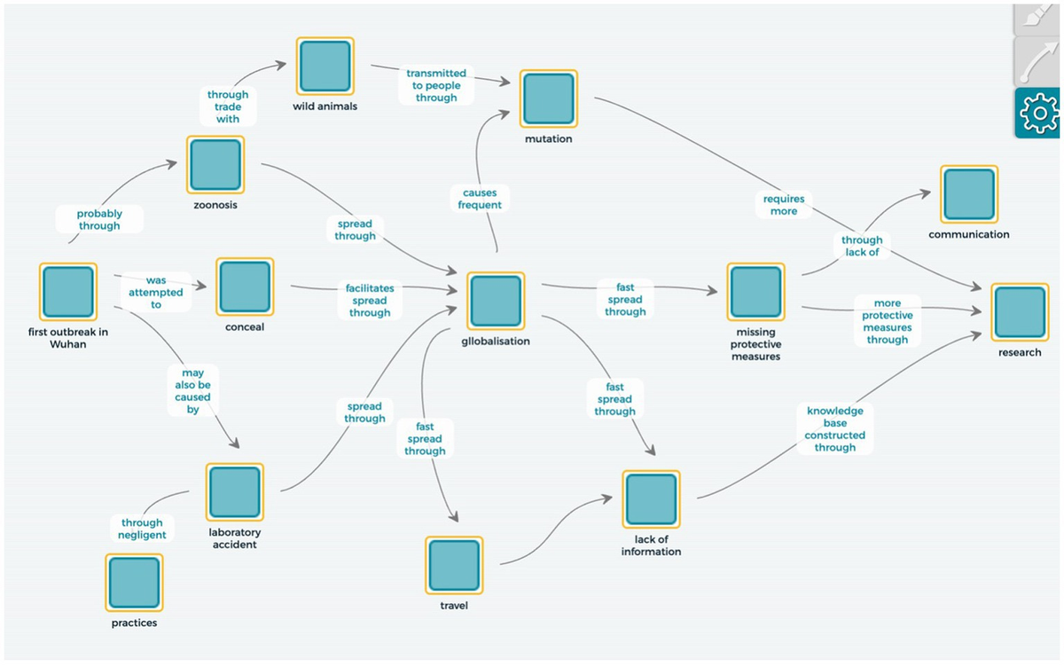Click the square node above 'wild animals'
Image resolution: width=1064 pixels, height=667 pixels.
click(x=325, y=67)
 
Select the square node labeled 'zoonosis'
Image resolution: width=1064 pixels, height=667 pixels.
click(x=215, y=165)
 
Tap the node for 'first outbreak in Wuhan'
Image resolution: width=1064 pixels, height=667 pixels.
click(x=67, y=292)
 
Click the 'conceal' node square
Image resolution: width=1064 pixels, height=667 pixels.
click(x=245, y=287)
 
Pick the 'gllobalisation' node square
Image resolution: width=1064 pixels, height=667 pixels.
click(x=496, y=302)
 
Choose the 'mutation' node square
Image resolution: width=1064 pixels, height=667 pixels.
click(x=548, y=99)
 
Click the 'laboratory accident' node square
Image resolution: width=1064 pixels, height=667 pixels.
click(x=235, y=492)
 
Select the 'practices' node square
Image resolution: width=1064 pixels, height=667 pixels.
click(x=134, y=583)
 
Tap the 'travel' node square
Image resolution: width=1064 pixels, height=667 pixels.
click(x=454, y=565)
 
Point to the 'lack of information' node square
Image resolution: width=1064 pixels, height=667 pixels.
click(x=651, y=499)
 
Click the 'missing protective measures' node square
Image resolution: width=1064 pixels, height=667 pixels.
click(x=755, y=292)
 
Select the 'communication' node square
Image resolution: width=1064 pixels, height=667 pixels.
click(x=969, y=194)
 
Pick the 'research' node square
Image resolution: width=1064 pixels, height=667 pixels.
click(x=1019, y=312)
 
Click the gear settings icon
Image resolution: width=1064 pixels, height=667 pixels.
click(x=1037, y=113)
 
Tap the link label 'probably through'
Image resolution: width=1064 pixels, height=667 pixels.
click(x=99, y=220)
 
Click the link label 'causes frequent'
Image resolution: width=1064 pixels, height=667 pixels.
click(x=480, y=199)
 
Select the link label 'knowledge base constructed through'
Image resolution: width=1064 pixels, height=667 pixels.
click(x=835, y=429)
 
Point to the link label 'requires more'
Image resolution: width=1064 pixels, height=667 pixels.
click(x=784, y=206)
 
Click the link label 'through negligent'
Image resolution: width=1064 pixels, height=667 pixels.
click(x=142, y=529)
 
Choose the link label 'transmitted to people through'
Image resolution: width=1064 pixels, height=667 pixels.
click(x=436, y=85)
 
